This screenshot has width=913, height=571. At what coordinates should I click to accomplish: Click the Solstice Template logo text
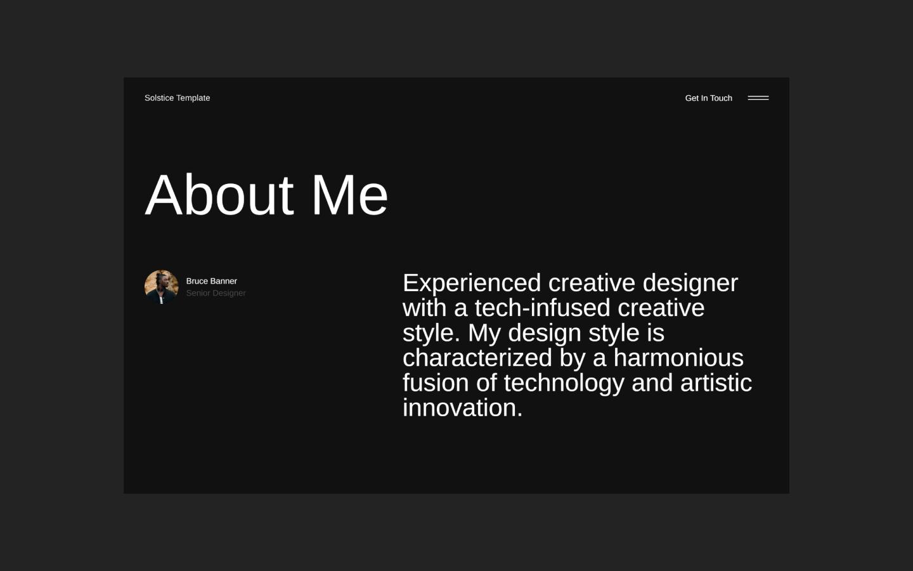[x=177, y=98]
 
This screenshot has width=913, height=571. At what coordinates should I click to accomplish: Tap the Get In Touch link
[x=708, y=98]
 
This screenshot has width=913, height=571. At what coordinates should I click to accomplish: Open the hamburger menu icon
[x=758, y=98]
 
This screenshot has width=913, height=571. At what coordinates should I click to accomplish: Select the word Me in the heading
[x=349, y=195]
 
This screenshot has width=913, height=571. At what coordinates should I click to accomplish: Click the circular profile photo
[x=161, y=287]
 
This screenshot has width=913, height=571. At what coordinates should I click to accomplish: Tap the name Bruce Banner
[x=211, y=281]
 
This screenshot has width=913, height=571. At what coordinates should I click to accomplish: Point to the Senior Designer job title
[x=216, y=293]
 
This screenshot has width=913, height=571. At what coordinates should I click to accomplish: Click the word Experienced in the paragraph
[x=472, y=283]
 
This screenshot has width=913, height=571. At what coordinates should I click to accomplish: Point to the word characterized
[x=477, y=358]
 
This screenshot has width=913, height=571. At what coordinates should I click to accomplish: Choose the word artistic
[x=716, y=383]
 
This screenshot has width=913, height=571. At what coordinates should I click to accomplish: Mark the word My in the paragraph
[x=484, y=333]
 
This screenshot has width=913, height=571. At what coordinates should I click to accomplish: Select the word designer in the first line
[x=690, y=283]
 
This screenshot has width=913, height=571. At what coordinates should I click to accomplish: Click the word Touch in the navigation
[x=721, y=98]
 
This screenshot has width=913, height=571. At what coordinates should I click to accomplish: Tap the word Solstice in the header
[x=159, y=98]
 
